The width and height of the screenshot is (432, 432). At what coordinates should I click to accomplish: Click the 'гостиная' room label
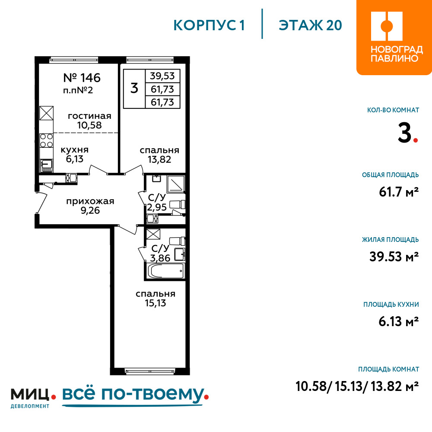pyautogui.click(x=89, y=116)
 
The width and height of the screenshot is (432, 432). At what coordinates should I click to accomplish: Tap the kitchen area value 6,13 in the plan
pyautogui.click(x=74, y=159)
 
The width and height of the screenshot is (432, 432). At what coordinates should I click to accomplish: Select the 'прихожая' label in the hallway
pyautogui.click(x=90, y=201)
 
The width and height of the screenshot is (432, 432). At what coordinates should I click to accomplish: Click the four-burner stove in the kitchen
pyautogui.click(x=46, y=140)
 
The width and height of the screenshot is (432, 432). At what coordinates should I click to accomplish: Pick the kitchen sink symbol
pyautogui.click(x=47, y=165)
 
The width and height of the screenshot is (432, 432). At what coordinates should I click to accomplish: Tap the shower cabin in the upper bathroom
pyautogui.click(x=175, y=184)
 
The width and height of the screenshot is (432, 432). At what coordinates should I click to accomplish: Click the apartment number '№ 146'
pyautogui.click(x=82, y=78)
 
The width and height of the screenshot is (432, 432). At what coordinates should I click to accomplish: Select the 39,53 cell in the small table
pyautogui.click(x=162, y=76)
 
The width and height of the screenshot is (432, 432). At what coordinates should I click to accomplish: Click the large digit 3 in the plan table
pyautogui.click(x=134, y=88)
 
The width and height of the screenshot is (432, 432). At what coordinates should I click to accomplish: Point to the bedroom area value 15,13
pyautogui.click(x=156, y=303)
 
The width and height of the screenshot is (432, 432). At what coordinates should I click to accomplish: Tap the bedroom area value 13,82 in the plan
pyautogui.click(x=159, y=159)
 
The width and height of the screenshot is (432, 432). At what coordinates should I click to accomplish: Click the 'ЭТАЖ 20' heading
pyautogui.click(x=310, y=25)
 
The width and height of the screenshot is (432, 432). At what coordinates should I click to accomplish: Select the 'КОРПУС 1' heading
pyautogui.click(x=209, y=25)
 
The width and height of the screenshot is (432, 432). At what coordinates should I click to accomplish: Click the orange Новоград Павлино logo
pyautogui.click(x=394, y=38)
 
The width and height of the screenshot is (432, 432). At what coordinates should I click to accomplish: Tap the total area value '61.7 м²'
pyautogui.click(x=399, y=192)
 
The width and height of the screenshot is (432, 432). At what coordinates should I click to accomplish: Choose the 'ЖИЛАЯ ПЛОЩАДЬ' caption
pyautogui.click(x=391, y=239)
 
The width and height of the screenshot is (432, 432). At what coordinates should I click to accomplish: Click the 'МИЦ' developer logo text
pyautogui.click(x=30, y=394)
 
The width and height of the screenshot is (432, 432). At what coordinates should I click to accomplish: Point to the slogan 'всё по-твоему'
pyautogui.click(x=133, y=394)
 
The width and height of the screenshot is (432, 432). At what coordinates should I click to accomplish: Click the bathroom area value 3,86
pyautogui.click(x=160, y=258)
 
